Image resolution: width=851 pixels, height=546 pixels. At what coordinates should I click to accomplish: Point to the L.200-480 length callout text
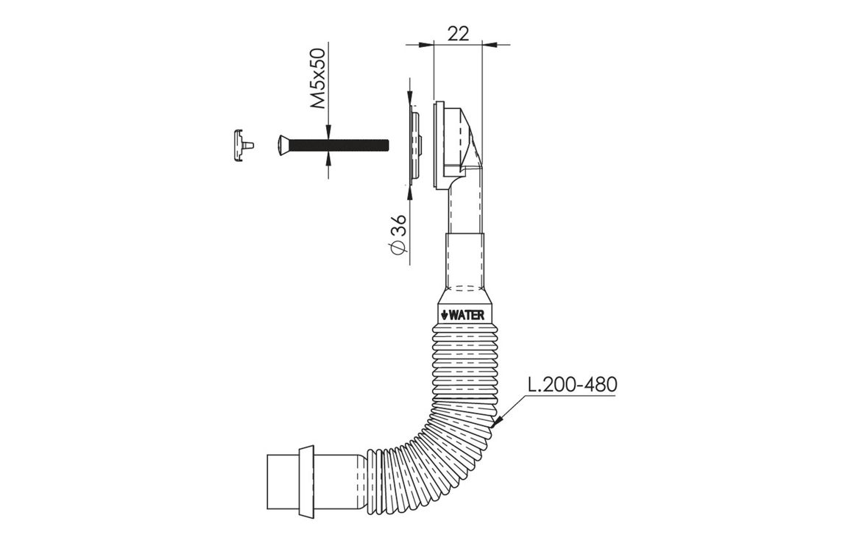point(572,384)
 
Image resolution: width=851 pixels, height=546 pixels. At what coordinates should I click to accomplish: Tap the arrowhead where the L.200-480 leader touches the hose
point(498,422)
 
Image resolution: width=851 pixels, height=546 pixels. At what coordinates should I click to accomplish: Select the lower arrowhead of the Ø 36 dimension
point(410,191)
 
